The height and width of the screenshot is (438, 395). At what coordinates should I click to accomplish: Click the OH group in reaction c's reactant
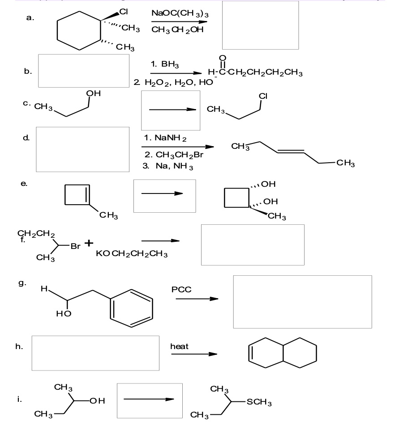click(94, 93)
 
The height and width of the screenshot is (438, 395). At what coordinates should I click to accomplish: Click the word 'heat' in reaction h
click(180, 346)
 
